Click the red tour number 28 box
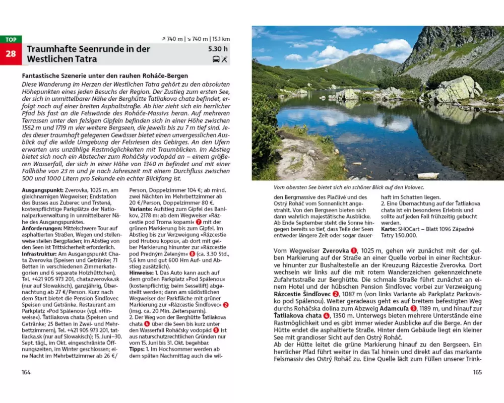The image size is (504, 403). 11,54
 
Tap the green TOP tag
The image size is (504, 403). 11,39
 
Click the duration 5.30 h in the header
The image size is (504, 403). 218,49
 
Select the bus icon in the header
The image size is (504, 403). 216,59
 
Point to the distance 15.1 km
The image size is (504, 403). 221,39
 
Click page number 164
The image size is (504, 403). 26,372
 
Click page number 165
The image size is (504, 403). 477,372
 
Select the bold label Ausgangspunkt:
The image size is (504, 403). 43,189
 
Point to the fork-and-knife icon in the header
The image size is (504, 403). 225,59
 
